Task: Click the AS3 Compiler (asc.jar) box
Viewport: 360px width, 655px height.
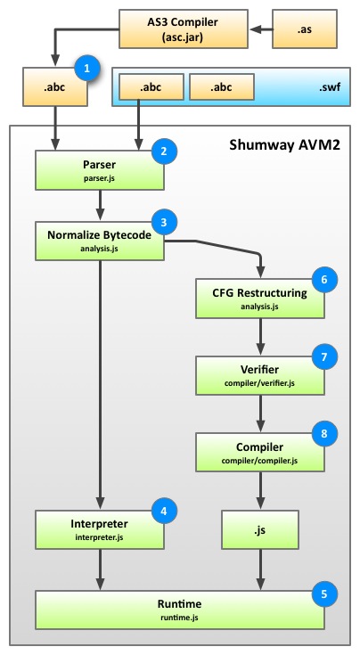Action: [183, 29]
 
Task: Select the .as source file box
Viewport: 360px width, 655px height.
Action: [305, 29]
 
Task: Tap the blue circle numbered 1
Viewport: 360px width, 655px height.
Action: [86, 68]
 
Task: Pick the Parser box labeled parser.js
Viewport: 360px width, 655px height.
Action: [100, 170]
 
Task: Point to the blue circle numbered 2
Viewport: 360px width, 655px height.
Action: [164, 151]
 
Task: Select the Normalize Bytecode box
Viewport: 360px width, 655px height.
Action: [100, 241]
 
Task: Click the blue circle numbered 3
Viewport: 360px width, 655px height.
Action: [164, 222]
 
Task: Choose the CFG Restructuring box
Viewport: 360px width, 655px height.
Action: [260, 299]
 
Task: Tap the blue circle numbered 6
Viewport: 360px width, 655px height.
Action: [324, 280]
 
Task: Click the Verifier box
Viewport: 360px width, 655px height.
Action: [260, 375]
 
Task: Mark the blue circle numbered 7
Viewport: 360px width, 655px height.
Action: [324, 356]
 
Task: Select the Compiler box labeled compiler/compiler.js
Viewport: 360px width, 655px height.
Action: [260, 453]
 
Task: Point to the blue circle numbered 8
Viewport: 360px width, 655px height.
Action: [324, 433]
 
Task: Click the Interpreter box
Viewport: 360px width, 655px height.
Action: [100, 529]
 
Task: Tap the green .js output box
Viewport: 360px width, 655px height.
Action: [260, 529]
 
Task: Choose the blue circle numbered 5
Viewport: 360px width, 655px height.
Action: [324, 594]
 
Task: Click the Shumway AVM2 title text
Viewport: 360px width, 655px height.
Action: [284, 145]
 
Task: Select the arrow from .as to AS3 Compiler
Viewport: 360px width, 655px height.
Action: [261, 29]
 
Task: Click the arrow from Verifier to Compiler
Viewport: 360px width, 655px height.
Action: [260, 413]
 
